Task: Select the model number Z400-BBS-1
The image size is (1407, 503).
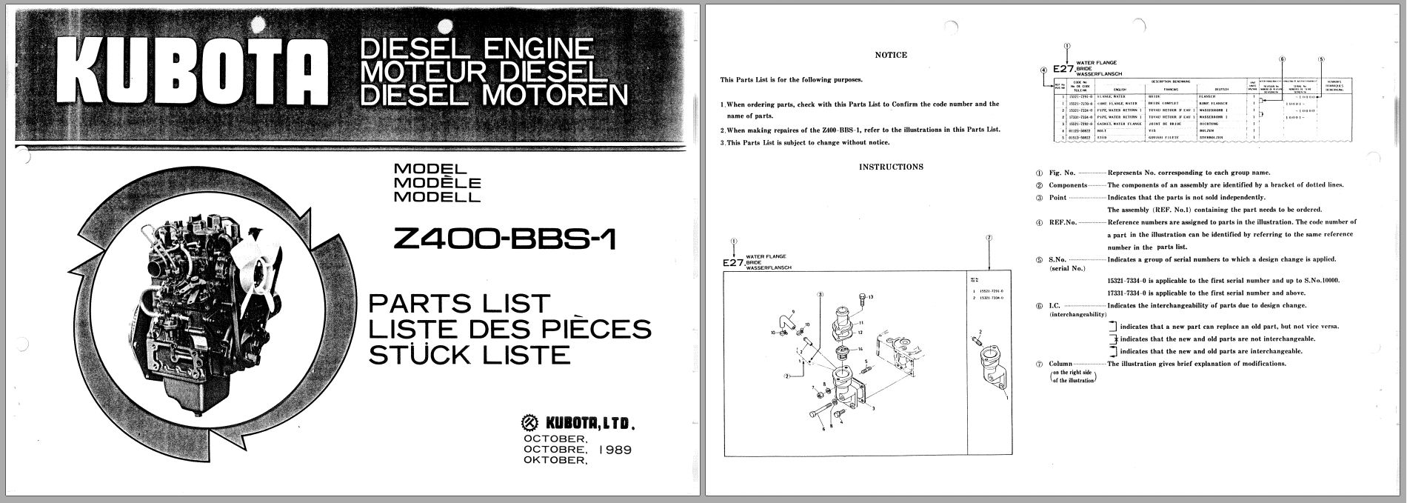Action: pos(505,239)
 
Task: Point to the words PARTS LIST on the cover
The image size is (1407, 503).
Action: pos(460,304)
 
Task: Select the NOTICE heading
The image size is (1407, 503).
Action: pos(890,55)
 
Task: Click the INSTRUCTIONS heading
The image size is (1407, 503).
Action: pos(891,167)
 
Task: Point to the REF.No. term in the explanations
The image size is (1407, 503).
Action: pos(1062,222)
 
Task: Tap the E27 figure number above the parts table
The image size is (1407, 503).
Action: pos(1063,67)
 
